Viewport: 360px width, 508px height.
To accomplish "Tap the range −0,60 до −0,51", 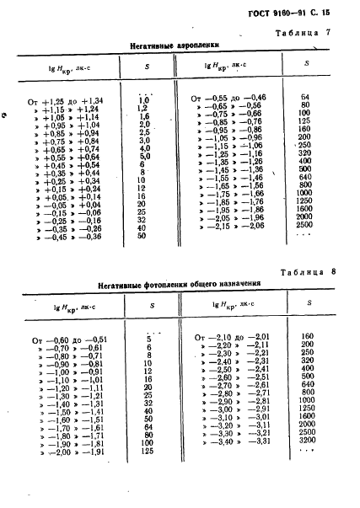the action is [x=70, y=339].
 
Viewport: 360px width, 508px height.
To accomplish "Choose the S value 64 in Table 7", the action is [x=306, y=99].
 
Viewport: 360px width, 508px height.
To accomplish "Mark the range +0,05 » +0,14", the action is [x=73, y=195].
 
